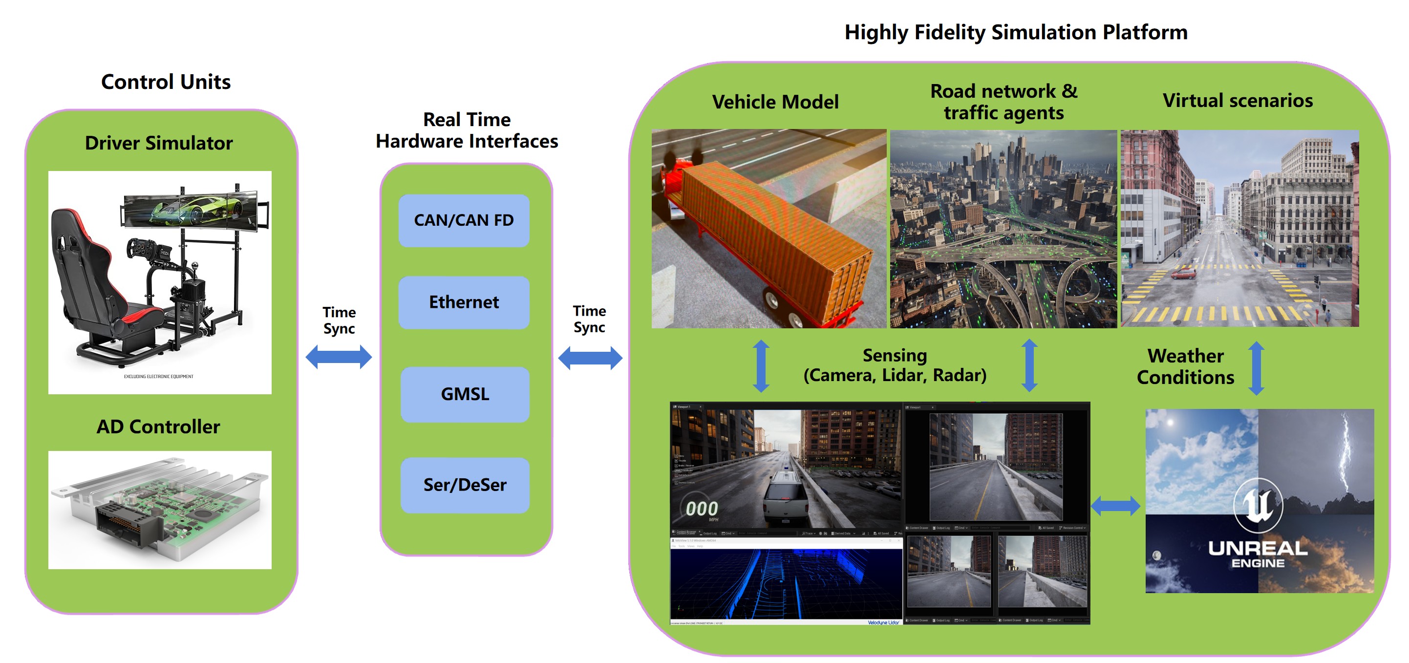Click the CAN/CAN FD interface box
point(464,220)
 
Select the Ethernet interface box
point(464,302)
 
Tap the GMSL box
point(465,394)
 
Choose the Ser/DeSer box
point(465,485)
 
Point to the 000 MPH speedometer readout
point(702,510)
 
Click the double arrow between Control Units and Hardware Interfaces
point(339,357)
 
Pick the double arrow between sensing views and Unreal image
point(1115,506)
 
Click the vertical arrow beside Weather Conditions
point(1257,368)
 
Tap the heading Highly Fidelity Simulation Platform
point(1016,32)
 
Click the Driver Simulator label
point(159,143)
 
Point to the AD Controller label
point(158,427)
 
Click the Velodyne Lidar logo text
point(883,622)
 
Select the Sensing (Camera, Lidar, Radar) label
point(895,365)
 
